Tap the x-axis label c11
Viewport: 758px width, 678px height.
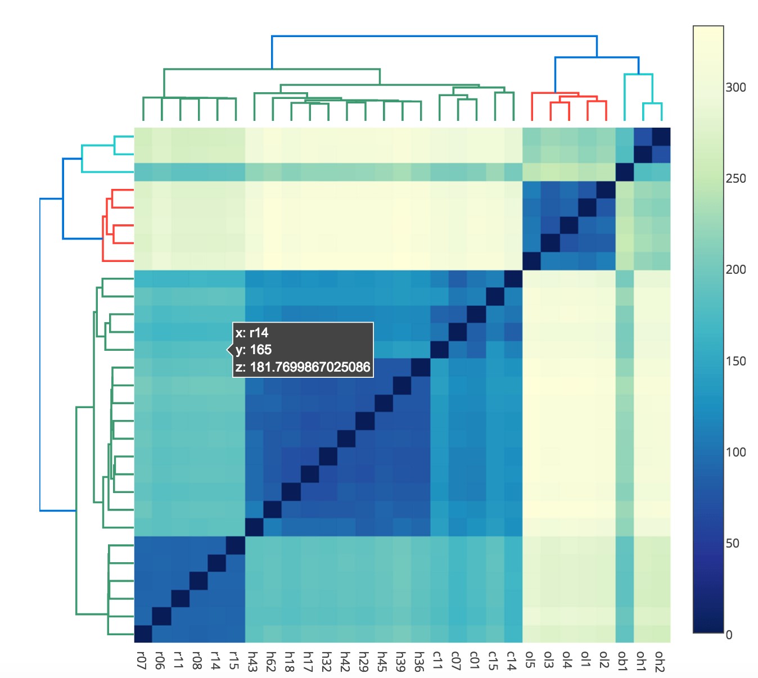[x=437, y=660]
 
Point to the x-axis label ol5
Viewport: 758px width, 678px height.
[x=530, y=660]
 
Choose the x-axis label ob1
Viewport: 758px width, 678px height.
[x=623, y=660]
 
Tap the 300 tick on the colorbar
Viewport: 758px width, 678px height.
[x=736, y=87]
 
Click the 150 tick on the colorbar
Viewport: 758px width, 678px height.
[x=736, y=361]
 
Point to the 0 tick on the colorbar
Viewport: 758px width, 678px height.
[x=729, y=635]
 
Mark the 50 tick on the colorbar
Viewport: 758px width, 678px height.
[x=733, y=543]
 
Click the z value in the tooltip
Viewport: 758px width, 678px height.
[x=303, y=367]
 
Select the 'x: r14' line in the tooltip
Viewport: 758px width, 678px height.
[x=252, y=333]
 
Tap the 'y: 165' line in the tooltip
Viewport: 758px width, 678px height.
[x=254, y=350]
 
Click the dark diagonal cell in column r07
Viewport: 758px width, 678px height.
[x=143, y=634]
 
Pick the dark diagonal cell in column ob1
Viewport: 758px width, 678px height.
[x=624, y=172]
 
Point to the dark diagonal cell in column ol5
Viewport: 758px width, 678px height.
[x=531, y=261]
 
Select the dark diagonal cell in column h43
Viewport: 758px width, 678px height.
[x=254, y=527]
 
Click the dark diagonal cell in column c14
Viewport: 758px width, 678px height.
[x=513, y=279]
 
